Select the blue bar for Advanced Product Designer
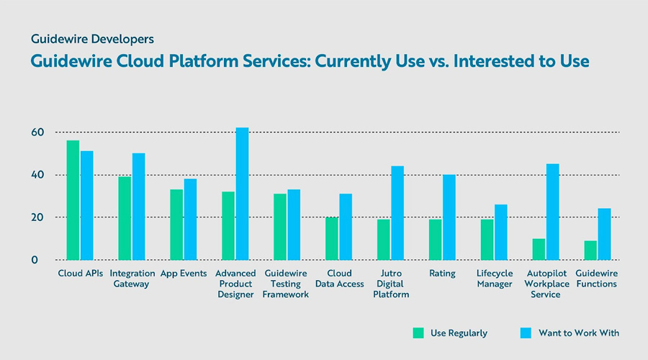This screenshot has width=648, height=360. click(242, 194)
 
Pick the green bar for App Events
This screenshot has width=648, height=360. click(176, 225)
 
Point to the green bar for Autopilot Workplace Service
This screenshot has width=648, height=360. click(539, 249)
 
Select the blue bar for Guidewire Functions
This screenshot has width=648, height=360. click(604, 234)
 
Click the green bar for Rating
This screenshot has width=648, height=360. click(435, 240)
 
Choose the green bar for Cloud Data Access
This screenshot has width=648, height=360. click(331, 238)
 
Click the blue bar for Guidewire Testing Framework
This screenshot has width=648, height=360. click(294, 225)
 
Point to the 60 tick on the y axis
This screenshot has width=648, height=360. click(37, 132)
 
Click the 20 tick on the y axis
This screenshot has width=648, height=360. click(37, 217)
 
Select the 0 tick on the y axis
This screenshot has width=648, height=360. click(33, 260)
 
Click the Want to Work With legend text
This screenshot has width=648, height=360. click(578, 333)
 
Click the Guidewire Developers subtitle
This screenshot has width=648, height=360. click(91, 38)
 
